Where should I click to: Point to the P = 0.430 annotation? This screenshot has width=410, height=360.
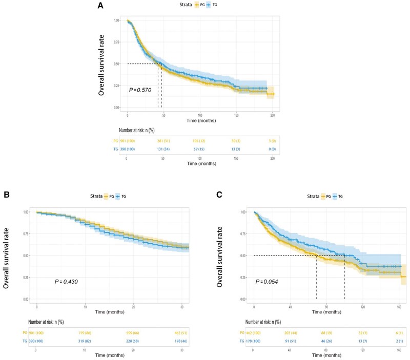[67, 281]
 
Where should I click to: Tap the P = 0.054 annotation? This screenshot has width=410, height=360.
[271, 281]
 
